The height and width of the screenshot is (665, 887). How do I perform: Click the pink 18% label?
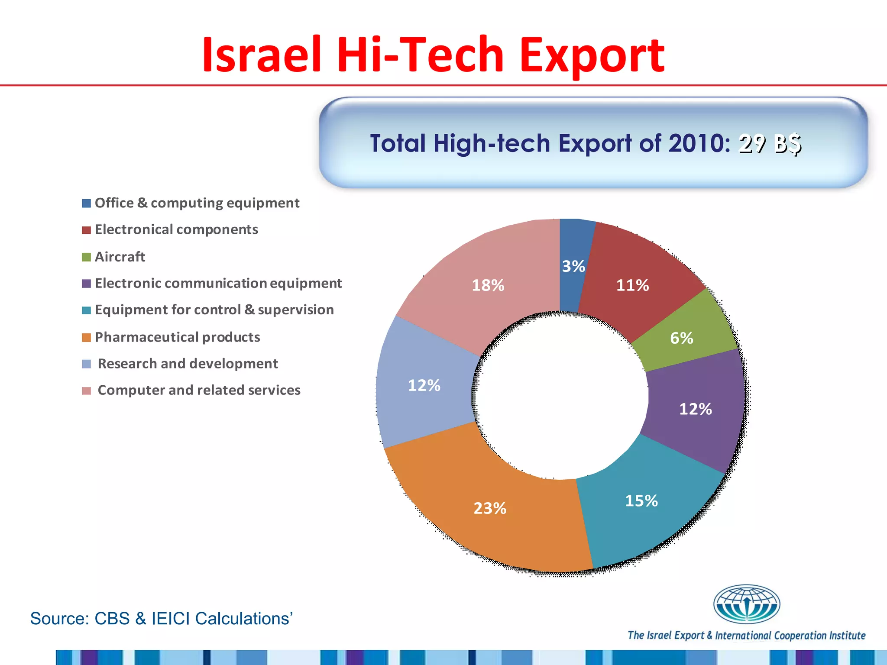[x=488, y=285]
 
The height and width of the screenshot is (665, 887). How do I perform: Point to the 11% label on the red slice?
[x=633, y=285]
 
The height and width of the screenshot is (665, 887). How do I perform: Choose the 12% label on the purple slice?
[x=696, y=409]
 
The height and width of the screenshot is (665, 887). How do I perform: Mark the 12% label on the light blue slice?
[x=424, y=385]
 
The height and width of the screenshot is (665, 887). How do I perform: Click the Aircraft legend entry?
[x=120, y=257]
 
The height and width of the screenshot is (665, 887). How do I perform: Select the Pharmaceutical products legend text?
[x=178, y=337]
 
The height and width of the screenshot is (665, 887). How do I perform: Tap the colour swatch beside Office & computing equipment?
[x=87, y=203]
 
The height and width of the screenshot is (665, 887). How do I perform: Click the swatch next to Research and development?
[x=87, y=364]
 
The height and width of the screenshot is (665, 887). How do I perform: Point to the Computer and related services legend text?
[x=199, y=390]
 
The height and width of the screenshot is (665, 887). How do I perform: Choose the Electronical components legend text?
[x=176, y=229]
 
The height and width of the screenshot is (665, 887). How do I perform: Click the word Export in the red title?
[x=592, y=55]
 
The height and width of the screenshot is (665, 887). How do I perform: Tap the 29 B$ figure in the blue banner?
[x=770, y=144]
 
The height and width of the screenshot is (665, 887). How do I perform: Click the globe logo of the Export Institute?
[x=746, y=604]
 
